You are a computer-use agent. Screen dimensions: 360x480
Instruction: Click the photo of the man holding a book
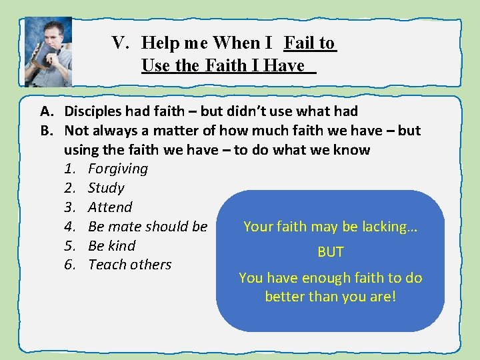tap(48, 51)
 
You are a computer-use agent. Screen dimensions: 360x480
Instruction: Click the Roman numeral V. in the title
tap(120, 43)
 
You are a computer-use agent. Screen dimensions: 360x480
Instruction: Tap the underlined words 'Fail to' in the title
tap(309, 43)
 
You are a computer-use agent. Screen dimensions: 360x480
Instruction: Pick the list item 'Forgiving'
tap(118, 169)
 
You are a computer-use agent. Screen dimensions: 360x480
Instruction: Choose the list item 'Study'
tap(106, 188)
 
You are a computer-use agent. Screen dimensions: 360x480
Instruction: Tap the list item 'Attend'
tap(110, 207)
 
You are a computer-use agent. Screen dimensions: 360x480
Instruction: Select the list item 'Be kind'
tap(111, 245)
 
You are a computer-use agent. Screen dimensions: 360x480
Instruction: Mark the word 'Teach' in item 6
tap(107, 265)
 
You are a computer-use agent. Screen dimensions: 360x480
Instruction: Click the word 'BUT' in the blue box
tap(331, 252)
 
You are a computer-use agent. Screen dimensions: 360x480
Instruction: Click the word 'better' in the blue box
tap(286, 296)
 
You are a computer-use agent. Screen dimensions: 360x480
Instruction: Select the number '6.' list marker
tap(70, 265)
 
